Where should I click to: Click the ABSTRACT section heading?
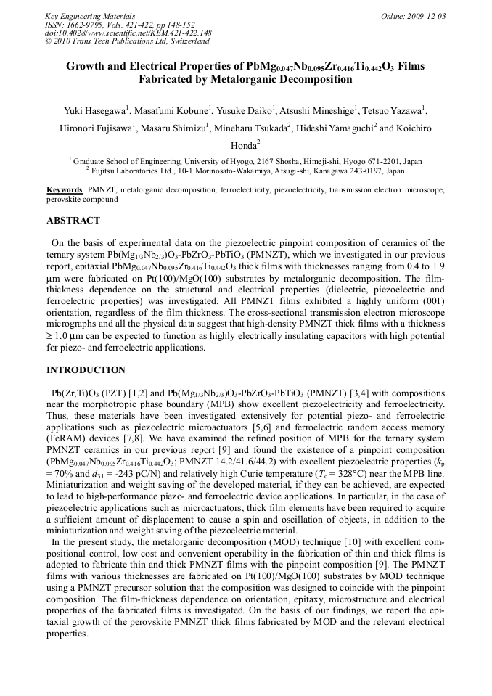[73, 220]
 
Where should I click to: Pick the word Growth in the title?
[86, 67]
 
